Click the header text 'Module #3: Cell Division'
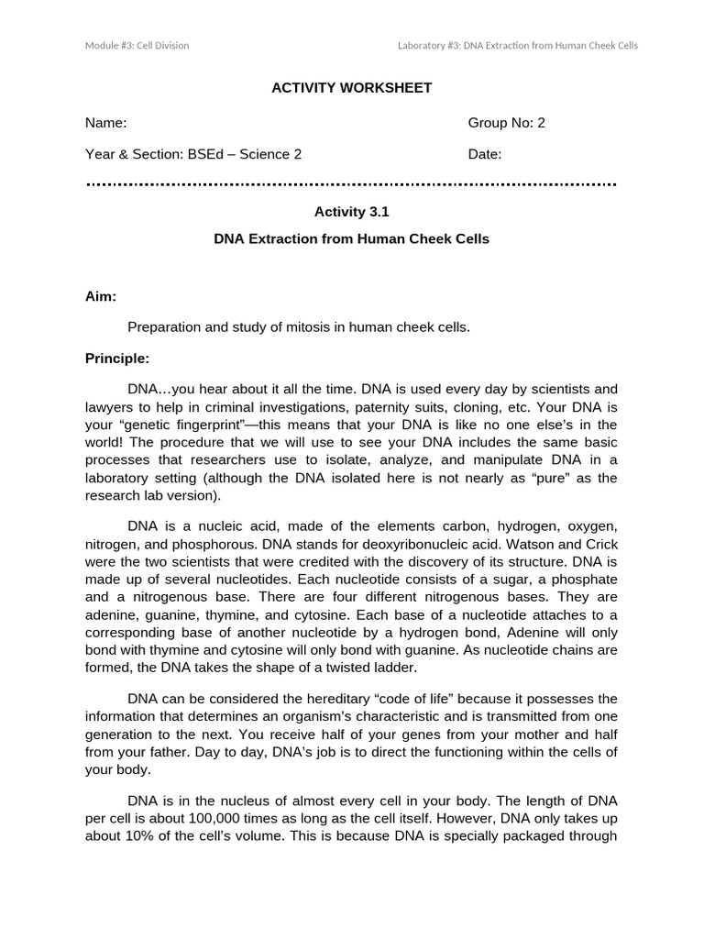pyautogui.click(x=137, y=45)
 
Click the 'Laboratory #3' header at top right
pyautogui.click(x=517, y=45)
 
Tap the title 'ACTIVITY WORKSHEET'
pyautogui.click(x=351, y=88)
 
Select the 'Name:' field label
pyautogui.click(x=105, y=123)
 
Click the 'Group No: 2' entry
pyautogui.click(x=506, y=123)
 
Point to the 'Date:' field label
pyautogui.click(x=485, y=154)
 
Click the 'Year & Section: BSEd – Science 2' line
pyautogui.click(x=193, y=154)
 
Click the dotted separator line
pyautogui.click(x=351, y=184)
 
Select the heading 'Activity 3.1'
pyautogui.click(x=352, y=212)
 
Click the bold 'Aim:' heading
pyautogui.click(x=101, y=296)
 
